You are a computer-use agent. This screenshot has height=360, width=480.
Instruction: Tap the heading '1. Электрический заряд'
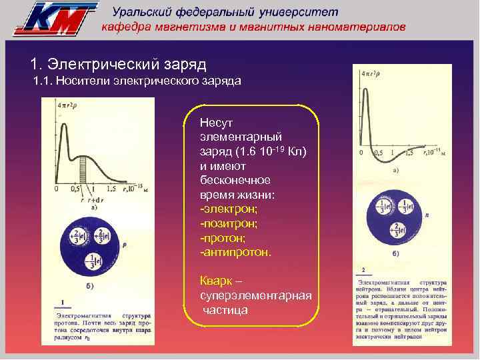point(119,65)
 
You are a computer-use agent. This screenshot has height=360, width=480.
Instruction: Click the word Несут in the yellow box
point(215,123)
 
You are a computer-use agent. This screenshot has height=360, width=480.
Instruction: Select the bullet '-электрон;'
point(226,209)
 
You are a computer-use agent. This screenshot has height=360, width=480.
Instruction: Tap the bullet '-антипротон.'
point(235,253)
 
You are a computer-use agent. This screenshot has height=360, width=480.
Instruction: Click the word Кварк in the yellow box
point(214,281)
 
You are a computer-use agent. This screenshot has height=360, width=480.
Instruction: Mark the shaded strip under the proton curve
point(84,169)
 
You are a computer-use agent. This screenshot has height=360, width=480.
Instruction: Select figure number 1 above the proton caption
point(62,301)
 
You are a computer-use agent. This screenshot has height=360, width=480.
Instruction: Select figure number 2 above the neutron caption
point(362,271)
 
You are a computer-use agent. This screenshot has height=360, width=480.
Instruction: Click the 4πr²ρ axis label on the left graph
point(68,105)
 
